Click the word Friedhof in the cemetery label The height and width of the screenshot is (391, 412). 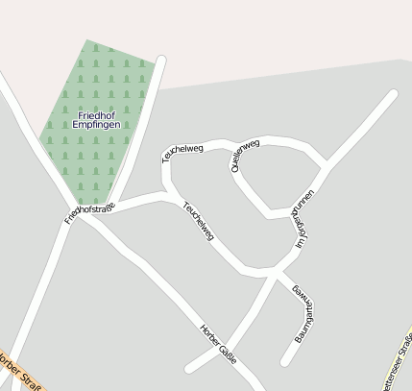(97, 114)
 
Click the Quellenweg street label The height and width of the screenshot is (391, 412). (245, 155)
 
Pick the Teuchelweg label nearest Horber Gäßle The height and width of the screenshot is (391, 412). (198, 220)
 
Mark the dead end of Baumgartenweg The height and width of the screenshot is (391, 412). (285, 361)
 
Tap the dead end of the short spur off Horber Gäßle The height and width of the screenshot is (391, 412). (189, 367)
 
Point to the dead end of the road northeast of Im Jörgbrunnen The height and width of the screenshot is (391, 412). (393, 94)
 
